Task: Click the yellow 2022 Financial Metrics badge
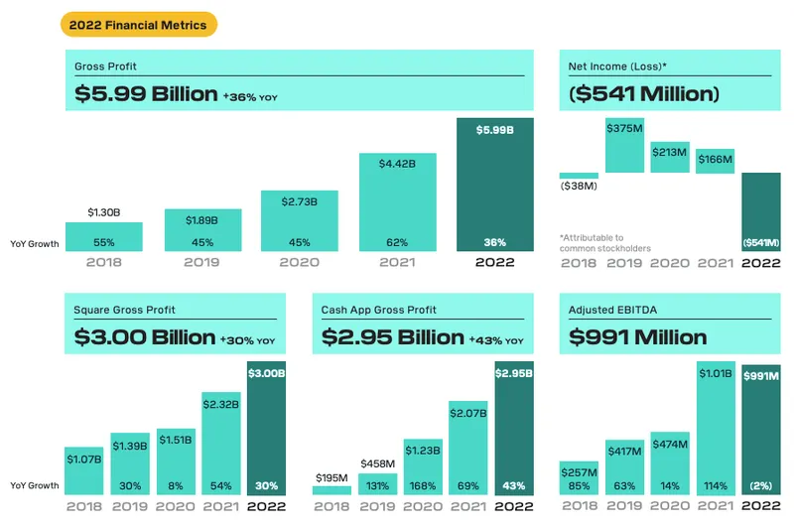pos(139,25)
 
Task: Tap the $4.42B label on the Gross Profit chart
pos(397,165)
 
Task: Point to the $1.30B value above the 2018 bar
pos(104,212)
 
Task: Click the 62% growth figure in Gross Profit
pos(397,242)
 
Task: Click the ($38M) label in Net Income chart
pos(579,187)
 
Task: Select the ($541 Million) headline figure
pos(642,94)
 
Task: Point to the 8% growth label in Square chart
pos(177,486)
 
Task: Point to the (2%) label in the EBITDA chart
pos(762,486)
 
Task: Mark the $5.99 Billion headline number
pos(146,94)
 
